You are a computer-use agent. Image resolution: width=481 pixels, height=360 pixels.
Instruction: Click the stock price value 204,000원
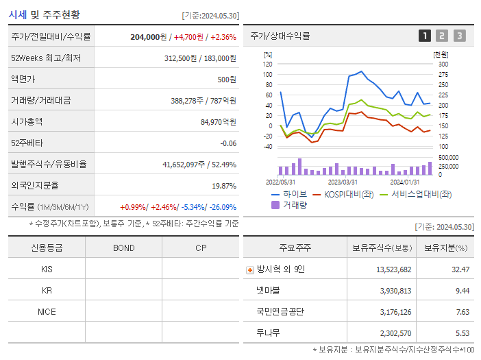[x=149, y=37]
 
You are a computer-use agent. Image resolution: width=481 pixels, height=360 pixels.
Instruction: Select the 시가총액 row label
[x=27, y=121]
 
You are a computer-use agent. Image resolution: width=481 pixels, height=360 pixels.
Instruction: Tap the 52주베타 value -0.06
[x=227, y=143]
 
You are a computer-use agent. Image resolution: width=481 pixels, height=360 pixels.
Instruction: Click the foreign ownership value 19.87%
[x=223, y=185]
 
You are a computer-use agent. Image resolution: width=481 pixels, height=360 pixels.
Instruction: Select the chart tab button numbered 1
[x=425, y=36]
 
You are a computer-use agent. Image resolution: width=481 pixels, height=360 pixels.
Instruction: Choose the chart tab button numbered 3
[x=459, y=36]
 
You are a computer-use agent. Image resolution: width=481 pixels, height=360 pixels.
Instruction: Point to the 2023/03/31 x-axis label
[x=343, y=182]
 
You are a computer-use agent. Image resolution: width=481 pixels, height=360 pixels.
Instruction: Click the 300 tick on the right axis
[x=443, y=64]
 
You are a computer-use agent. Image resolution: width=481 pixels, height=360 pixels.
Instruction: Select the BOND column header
[x=123, y=248]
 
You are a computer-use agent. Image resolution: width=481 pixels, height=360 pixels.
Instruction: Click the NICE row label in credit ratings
[x=47, y=311]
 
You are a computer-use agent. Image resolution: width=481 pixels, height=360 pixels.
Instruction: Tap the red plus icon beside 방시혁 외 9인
[x=250, y=269]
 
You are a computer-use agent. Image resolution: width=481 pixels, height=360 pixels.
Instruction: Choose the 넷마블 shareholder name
[x=269, y=290]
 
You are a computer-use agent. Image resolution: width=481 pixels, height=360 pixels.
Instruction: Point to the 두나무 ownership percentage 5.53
[x=461, y=333]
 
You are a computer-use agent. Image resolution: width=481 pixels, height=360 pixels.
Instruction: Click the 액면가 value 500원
[x=226, y=79]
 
